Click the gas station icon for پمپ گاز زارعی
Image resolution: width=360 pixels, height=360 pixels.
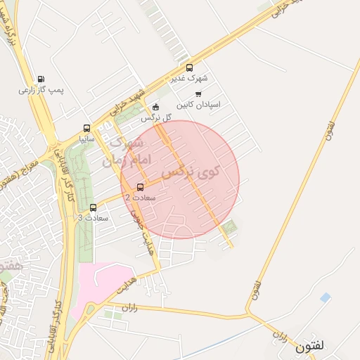click(x=40, y=79)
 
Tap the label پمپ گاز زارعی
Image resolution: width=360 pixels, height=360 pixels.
click(x=41, y=91)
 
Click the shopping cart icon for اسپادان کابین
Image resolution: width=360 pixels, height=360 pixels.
click(x=199, y=94)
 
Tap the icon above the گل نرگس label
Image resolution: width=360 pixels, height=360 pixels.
click(x=155, y=107)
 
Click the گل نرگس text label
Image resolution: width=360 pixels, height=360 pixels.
click(x=155, y=117)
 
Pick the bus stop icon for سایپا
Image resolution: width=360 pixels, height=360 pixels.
click(x=86, y=128)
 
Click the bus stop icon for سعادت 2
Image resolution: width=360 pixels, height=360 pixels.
click(x=140, y=187)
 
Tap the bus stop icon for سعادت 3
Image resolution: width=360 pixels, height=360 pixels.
click(x=94, y=207)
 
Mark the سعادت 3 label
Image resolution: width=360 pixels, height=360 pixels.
click(x=93, y=218)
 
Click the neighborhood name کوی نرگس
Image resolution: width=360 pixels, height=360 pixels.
click(x=190, y=171)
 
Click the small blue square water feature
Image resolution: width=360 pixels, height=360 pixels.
click(x=324, y=298)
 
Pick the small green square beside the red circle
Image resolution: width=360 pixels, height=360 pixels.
click(x=230, y=226)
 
